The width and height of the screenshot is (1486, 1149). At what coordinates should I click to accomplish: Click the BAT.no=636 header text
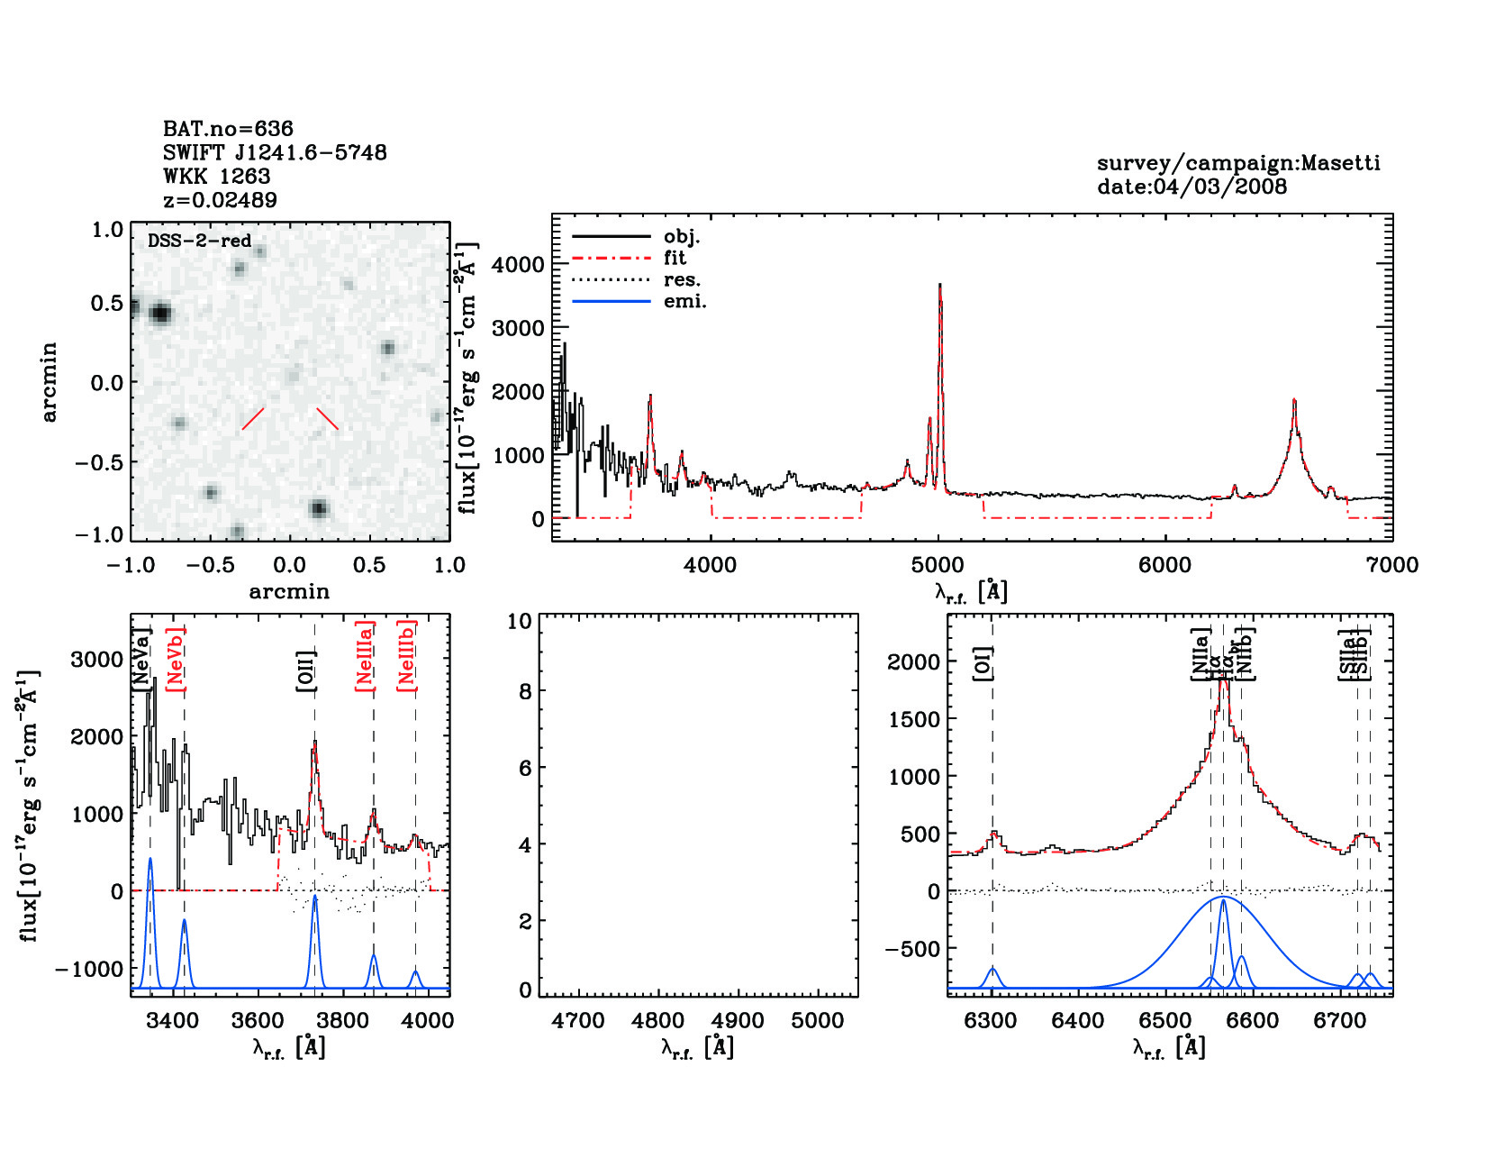(x=228, y=129)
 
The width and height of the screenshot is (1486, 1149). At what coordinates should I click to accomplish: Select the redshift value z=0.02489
(x=220, y=200)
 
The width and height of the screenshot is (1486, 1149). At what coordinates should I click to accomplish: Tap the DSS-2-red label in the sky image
(x=199, y=241)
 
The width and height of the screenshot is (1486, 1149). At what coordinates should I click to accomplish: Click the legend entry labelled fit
(x=675, y=259)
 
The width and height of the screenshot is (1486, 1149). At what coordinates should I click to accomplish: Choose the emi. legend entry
(x=684, y=302)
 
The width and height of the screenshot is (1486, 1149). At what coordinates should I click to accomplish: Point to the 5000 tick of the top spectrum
(x=938, y=566)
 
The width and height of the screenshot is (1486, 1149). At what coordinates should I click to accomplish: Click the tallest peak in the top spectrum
(x=939, y=286)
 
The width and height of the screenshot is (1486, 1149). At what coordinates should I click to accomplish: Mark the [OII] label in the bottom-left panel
(x=307, y=671)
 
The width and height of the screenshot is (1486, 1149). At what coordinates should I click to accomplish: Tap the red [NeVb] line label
(x=176, y=660)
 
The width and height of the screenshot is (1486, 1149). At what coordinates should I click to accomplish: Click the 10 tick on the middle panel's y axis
(x=520, y=621)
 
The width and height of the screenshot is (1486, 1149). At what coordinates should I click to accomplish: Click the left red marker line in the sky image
(x=253, y=419)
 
